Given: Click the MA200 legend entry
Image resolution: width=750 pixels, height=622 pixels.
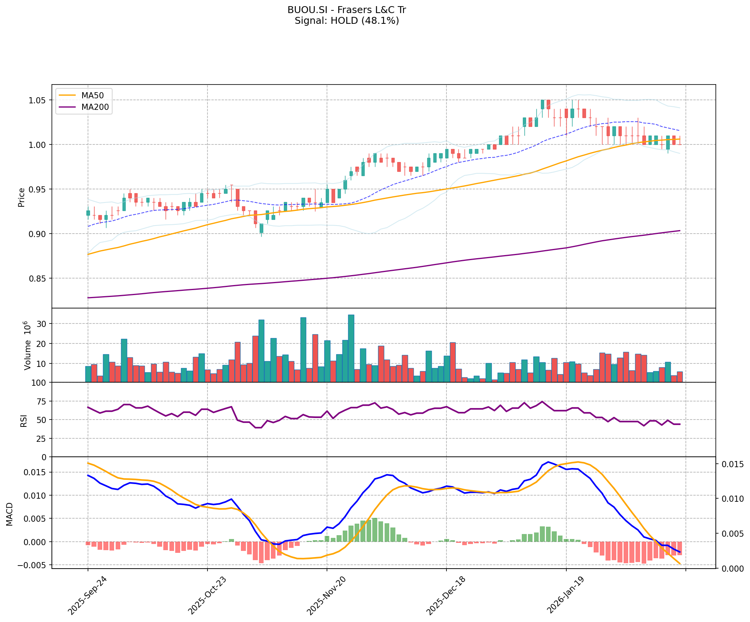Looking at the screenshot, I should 95,107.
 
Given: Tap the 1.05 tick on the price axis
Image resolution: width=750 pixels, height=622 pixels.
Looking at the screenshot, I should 37,100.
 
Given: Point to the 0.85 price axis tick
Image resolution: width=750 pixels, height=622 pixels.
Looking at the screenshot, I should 37,279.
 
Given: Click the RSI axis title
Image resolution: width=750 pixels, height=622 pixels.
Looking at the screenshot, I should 24,420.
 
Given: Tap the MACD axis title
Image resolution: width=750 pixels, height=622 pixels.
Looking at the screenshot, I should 10,514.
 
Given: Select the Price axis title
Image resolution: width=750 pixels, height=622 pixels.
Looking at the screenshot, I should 22,197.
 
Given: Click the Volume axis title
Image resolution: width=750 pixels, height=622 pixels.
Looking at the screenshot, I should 27,345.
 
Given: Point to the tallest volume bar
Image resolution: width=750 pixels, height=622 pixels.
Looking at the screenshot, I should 351,348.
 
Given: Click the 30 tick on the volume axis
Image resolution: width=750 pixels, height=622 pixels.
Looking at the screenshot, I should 42,324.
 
